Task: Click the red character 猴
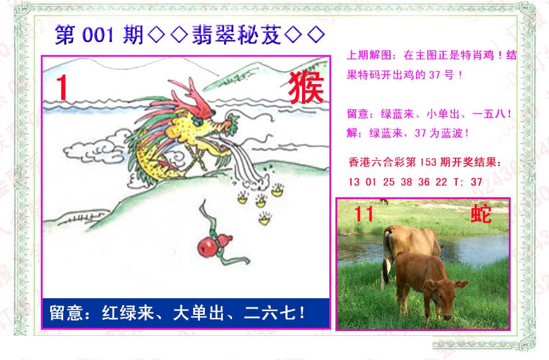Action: pos(306,87)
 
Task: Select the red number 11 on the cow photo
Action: pos(364,214)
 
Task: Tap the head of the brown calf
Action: pos(444,294)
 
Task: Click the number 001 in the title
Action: pos(98,35)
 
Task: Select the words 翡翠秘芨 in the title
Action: pos(236,35)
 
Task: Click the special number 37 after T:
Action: pos(476,182)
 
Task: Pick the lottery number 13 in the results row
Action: pos(354,182)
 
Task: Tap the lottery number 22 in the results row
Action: pos(441,182)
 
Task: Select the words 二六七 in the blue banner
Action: pos(270,312)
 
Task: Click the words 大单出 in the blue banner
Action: pos(199,312)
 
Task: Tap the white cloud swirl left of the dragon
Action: pos(93,148)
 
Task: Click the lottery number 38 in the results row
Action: pos(406,182)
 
